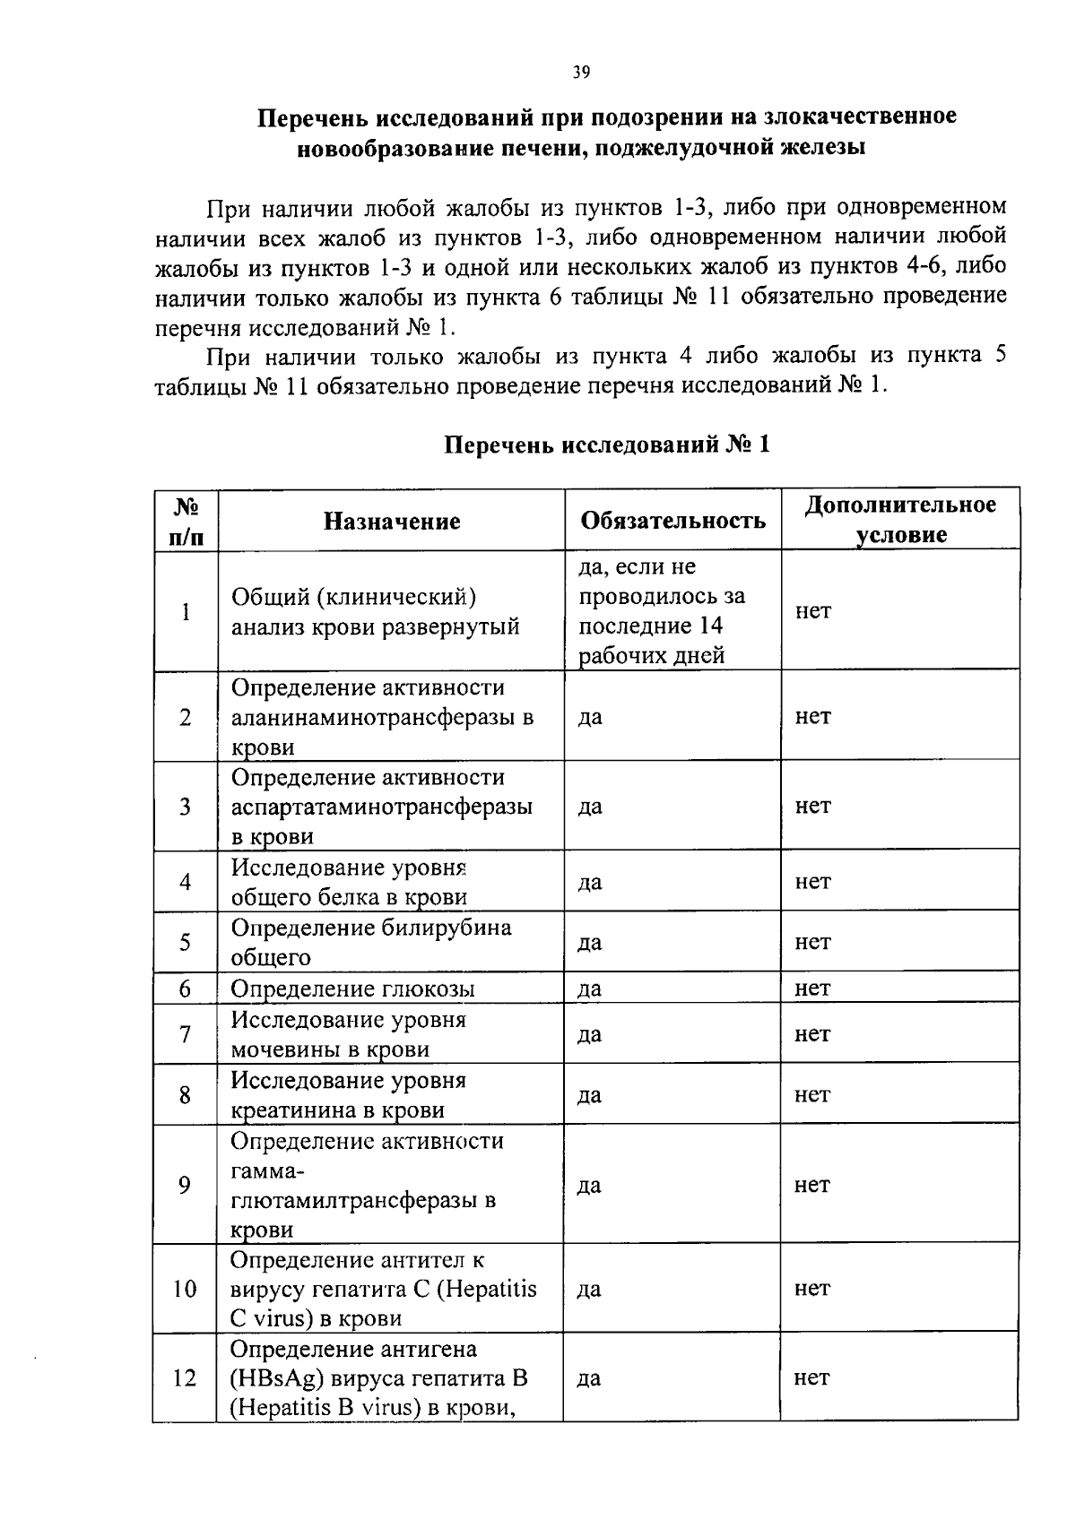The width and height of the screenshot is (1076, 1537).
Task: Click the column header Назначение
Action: tap(392, 522)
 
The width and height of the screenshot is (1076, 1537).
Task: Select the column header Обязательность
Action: tap(672, 521)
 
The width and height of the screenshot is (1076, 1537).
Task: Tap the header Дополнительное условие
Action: tap(899, 520)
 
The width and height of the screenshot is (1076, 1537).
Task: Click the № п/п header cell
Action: tap(185, 521)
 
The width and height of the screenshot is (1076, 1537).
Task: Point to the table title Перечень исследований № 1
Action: tap(607, 445)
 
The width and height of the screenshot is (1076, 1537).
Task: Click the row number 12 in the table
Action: tap(184, 1377)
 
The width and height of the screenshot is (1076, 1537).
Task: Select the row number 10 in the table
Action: tap(185, 1289)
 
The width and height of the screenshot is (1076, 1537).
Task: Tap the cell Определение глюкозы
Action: tap(352, 989)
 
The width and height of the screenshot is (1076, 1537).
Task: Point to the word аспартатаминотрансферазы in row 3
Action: tap(381, 807)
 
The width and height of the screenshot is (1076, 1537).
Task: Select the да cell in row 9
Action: tap(588, 1185)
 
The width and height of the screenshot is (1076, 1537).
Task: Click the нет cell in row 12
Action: tap(811, 1377)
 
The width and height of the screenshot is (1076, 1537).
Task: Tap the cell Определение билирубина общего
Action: tap(370, 942)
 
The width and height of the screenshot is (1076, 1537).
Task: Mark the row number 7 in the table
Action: tap(185, 1034)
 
